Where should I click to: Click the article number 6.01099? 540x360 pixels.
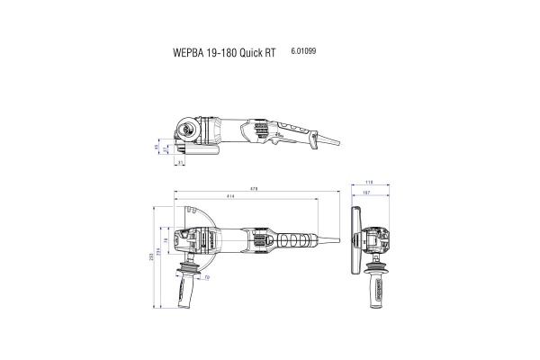303,51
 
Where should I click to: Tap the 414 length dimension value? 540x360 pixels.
231,196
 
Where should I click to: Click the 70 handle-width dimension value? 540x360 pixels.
207,278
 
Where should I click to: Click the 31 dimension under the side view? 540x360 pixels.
181,163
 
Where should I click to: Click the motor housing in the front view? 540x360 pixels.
378,240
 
